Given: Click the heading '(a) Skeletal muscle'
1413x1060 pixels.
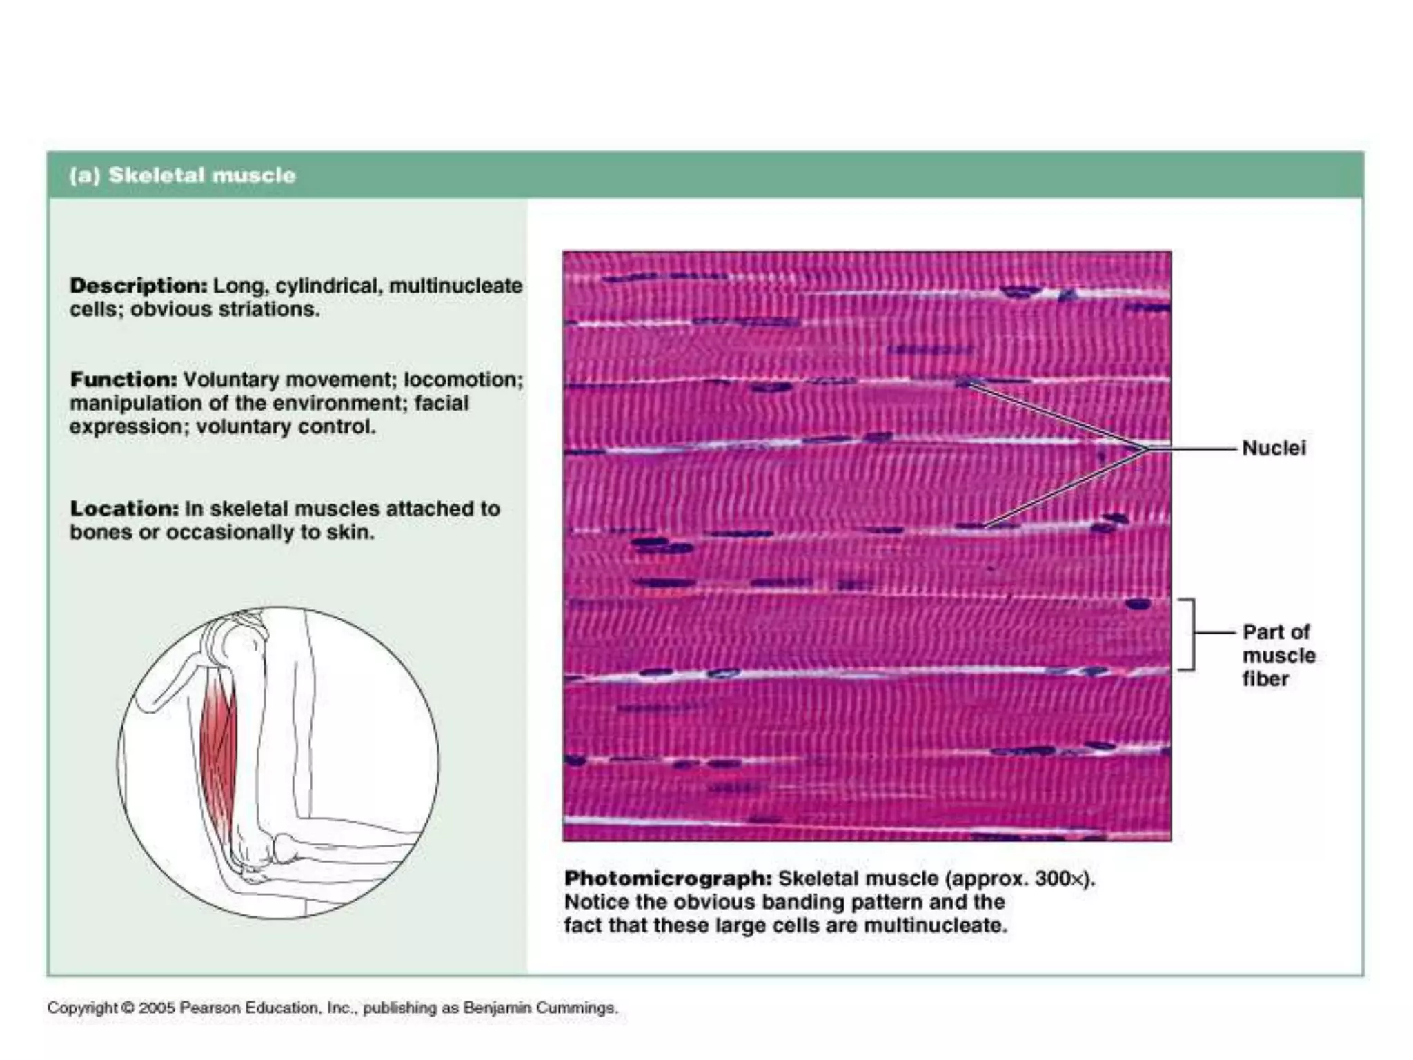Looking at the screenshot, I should pos(182,175).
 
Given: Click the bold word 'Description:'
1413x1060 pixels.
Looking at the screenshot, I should pos(138,286).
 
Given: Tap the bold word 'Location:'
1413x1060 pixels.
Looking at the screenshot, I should pos(124,509).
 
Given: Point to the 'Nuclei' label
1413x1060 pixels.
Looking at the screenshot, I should pos(1274,449).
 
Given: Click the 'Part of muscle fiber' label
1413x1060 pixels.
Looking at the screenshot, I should pos(1278,655).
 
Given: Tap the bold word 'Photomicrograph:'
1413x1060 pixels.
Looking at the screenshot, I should pos(668,879).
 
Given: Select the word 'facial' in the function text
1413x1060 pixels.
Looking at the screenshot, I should pos(441,403).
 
